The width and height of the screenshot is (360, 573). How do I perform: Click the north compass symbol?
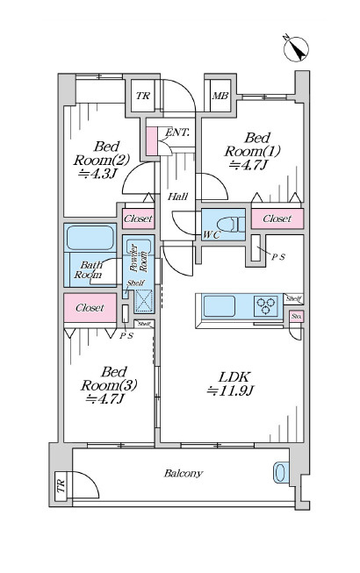click(x=296, y=48)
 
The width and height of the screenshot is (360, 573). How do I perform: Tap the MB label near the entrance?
click(x=220, y=96)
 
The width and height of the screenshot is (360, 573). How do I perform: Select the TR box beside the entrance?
click(x=143, y=96)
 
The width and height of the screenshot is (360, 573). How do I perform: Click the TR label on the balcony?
click(x=61, y=485)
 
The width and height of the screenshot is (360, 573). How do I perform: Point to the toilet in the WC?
click(x=231, y=224)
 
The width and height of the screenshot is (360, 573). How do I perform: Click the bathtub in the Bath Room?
click(x=90, y=238)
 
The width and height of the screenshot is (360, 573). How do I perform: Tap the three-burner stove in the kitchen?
click(x=266, y=306)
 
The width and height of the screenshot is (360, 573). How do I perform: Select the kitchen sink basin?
click(x=219, y=306)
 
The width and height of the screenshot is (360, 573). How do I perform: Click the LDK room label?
click(x=230, y=383)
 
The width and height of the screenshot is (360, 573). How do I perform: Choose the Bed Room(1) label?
click(x=252, y=151)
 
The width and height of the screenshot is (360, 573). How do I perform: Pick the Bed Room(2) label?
click(x=102, y=160)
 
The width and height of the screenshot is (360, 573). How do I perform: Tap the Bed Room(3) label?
click(x=109, y=385)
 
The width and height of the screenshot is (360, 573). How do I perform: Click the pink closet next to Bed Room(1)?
click(x=277, y=218)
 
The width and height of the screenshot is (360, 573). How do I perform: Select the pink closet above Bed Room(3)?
click(x=90, y=308)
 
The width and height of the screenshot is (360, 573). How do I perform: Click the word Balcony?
click(x=184, y=474)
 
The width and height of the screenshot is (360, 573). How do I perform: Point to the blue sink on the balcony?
click(x=281, y=473)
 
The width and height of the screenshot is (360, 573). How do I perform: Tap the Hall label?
click(x=178, y=197)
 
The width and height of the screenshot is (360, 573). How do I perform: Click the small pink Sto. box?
click(x=297, y=317)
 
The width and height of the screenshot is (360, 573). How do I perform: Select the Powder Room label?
click(x=139, y=258)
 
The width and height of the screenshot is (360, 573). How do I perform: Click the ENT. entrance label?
click(x=177, y=133)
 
